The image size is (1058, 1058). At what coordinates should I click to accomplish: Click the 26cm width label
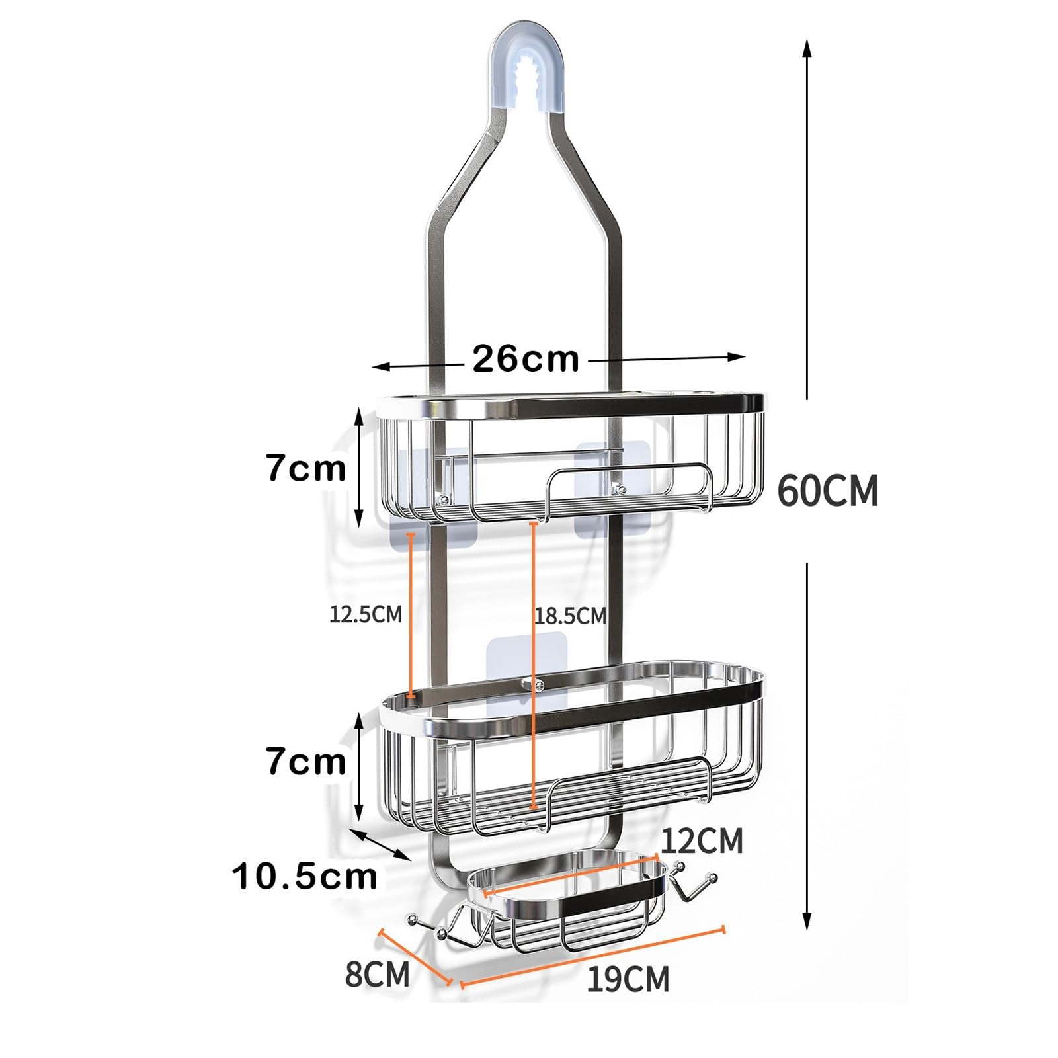526,359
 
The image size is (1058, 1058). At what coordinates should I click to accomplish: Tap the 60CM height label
828,491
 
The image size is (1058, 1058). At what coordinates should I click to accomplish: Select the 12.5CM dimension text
366,614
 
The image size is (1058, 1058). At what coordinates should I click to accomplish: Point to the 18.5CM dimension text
570,616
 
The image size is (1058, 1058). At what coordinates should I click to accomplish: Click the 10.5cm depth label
305,877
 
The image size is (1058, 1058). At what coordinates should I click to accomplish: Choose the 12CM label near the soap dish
702,841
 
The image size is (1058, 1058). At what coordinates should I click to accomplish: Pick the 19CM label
628,979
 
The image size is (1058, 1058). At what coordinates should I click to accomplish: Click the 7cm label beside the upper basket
306,468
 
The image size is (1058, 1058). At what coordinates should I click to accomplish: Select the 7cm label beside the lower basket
306,761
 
